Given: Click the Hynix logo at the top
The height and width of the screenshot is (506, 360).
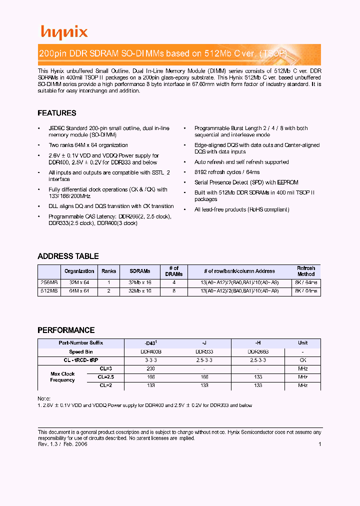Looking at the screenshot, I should [64, 32].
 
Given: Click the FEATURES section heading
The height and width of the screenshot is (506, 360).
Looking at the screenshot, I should [57, 113].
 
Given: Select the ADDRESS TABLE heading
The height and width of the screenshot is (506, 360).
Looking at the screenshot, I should [68, 256].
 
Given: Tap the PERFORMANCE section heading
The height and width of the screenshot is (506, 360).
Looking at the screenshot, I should [66, 330].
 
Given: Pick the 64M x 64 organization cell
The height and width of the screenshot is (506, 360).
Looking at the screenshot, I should [79, 290].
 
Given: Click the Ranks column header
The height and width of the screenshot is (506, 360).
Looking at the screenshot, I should [108, 271].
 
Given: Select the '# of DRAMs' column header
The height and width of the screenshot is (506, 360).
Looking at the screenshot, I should [174, 271].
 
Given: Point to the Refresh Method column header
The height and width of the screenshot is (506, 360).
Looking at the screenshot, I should [306, 271].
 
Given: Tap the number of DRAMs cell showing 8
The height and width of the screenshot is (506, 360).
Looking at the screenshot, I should [174, 290].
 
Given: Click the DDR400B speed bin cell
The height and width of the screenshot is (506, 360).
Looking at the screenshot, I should [150, 351].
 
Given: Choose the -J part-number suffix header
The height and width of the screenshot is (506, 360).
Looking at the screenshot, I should [204, 343].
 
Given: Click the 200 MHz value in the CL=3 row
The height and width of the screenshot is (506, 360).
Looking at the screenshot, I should [150, 368].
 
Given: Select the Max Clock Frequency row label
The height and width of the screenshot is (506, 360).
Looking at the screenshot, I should [62, 377].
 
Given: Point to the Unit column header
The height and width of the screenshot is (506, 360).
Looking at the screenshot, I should [302, 343].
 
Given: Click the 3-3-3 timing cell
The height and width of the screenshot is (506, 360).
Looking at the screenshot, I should [150, 360].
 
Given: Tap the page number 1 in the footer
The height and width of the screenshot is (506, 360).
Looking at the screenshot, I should [319, 444].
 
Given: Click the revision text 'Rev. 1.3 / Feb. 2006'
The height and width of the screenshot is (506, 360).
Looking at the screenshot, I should [62, 444].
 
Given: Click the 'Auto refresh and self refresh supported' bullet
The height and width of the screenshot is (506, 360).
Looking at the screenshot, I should [241, 162].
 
